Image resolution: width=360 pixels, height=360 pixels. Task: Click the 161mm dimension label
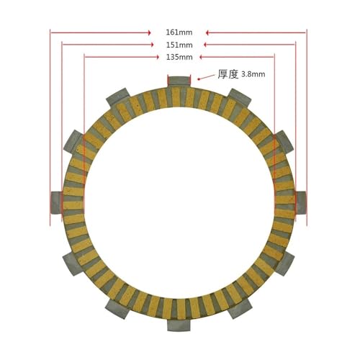coord(179,32)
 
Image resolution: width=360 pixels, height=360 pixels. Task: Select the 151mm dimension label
coord(179,45)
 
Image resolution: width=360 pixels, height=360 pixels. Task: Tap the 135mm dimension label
coord(179,57)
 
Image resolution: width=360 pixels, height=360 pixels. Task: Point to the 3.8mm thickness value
coord(253,74)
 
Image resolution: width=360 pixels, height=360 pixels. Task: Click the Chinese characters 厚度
coord(228,74)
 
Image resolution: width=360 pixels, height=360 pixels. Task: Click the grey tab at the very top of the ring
coord(179,81)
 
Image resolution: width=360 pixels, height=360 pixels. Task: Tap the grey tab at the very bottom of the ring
coord(179,325)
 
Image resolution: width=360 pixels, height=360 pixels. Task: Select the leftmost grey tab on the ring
coord(57,203)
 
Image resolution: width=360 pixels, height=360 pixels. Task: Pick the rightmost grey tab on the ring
coord(301,203)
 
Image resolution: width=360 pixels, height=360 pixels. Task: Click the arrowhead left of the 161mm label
coord(149,32)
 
